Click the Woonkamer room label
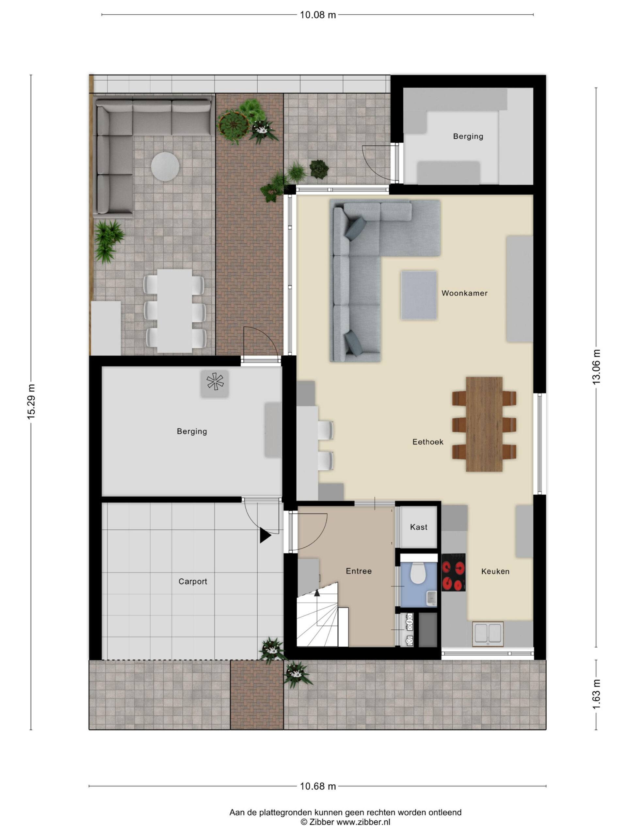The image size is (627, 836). [464, 293]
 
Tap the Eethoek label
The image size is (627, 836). [427, 442]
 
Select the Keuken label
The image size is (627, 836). [495, 571]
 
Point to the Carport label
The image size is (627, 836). [193, 582]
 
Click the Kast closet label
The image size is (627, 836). [418, 527]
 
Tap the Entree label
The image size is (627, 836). [359, 571]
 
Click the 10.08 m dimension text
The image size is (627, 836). [317, 15]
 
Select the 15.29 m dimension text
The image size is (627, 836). [31, 402]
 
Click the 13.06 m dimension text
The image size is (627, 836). [596, 367]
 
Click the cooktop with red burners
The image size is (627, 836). [454, 572]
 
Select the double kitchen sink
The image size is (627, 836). [488, 634]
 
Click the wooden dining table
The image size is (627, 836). [484, 424]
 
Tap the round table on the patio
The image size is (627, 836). [165, 166]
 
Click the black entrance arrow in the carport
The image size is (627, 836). [265, 536]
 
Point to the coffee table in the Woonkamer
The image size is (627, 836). [419, 295]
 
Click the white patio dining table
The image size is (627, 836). [175, 311]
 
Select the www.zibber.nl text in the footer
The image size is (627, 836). [363, 822]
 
